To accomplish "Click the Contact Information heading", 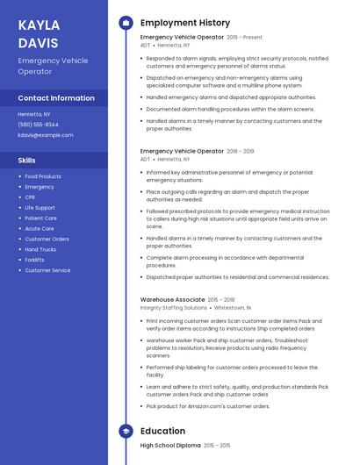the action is tap(56, 98).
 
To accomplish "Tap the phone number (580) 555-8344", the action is tap(39, 125).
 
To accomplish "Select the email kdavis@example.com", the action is tap(46, 135).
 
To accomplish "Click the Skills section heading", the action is tap(27, 161).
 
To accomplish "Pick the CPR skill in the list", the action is tap(30, 197).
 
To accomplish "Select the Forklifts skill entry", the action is tap(34, 260).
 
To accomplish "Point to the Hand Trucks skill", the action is tap(40, 249).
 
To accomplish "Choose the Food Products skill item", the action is tap(43, 176).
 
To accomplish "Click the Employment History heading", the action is tap(185, 23).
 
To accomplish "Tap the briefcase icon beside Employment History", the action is tap(126, 23).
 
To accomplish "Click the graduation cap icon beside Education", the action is tap(126, 432).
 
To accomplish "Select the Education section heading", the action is tap(162, 432).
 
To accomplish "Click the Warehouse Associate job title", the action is tap(172, 299).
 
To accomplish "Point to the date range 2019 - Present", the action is tap(244, 38).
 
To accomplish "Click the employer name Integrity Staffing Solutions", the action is tap(173, 308).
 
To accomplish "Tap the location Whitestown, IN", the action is tap(233, 308).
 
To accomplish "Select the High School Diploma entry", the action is tap(169, 446).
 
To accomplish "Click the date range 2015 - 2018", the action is tap(220, 299).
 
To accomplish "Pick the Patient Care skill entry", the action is tap(40, 218).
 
